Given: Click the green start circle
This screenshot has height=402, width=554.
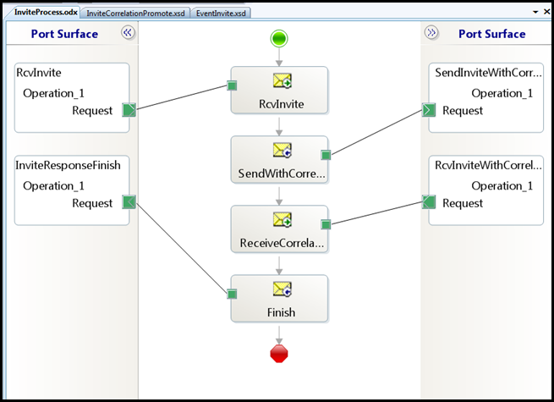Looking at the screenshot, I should [279, 38].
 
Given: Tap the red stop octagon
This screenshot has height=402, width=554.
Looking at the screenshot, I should [279, 354].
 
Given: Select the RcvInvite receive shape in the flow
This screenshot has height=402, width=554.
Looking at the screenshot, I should [279, 91].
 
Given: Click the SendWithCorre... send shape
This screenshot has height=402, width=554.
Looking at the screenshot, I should [279, 160].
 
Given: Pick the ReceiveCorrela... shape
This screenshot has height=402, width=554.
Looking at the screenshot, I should [279, 229].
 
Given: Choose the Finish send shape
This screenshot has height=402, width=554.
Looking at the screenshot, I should [279, 299].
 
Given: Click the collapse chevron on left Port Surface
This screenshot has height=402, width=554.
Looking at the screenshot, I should [128, 33].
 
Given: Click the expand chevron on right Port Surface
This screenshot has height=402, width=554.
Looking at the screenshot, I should [431, 33].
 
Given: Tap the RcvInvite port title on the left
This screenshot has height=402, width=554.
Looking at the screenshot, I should [39, 73].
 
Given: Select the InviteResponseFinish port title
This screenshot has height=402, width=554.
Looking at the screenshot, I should [69, 165].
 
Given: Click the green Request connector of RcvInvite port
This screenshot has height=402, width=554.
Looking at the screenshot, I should [129, 110].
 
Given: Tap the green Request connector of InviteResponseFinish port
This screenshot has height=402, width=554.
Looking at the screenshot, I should [129, 203].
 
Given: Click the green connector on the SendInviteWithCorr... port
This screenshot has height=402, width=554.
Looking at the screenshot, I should [429, 110].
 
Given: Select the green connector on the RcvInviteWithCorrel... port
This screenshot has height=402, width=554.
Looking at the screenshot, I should [429, 203].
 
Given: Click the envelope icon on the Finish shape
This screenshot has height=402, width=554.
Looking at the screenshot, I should [282, 289].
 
